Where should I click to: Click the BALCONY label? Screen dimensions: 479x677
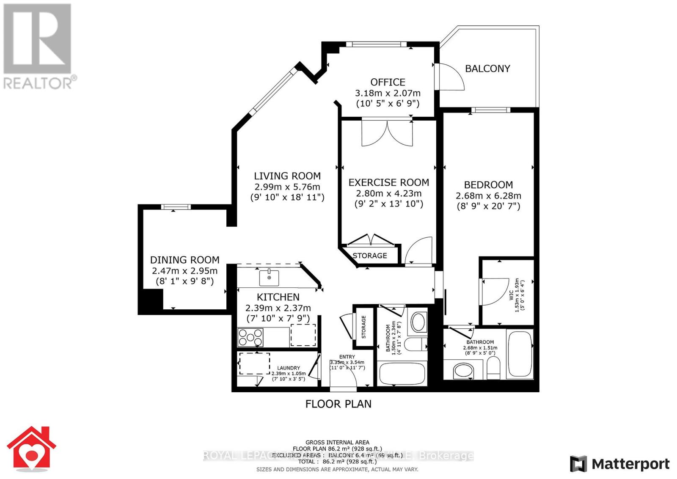coord(487,69)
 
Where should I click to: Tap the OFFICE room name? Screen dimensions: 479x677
coord(388,82)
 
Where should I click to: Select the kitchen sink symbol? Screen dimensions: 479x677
coord(269,278)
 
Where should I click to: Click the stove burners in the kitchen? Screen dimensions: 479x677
coord(250,338)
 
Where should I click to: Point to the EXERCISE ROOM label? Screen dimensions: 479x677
coord(388,182)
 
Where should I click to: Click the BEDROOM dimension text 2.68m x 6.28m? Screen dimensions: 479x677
coord(488,196)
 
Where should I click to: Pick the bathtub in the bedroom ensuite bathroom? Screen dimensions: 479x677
coord(520,354)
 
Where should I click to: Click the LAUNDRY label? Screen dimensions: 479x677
coord(289,368)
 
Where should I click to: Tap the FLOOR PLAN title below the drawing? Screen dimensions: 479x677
coord(338,404)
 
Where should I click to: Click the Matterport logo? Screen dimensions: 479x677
coord(620,464)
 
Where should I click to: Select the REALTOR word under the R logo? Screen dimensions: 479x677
coord(38,83)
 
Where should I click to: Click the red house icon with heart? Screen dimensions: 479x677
coord(31,450)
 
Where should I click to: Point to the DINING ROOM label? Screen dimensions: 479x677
coord(184,260)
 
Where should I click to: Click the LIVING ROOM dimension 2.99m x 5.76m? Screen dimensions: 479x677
coord(287,187)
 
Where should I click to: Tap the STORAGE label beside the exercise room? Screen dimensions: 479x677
coord(370,256)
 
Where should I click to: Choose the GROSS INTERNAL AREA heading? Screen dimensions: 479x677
coord(337,442)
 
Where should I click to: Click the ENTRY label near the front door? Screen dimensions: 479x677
coord(347,357)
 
